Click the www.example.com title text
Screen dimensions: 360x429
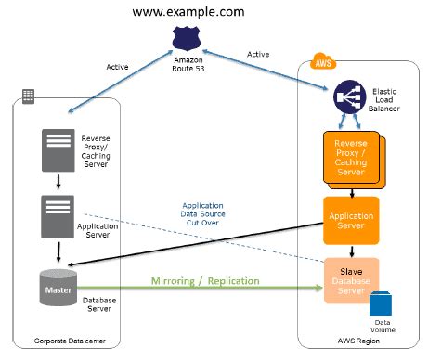coord(188,12)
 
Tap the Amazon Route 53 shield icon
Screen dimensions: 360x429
coord(187,38)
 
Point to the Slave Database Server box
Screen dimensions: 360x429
coord(350,279)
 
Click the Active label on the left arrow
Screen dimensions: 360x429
coord(118,67)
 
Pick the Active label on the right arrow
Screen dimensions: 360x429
coord(258,53)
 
